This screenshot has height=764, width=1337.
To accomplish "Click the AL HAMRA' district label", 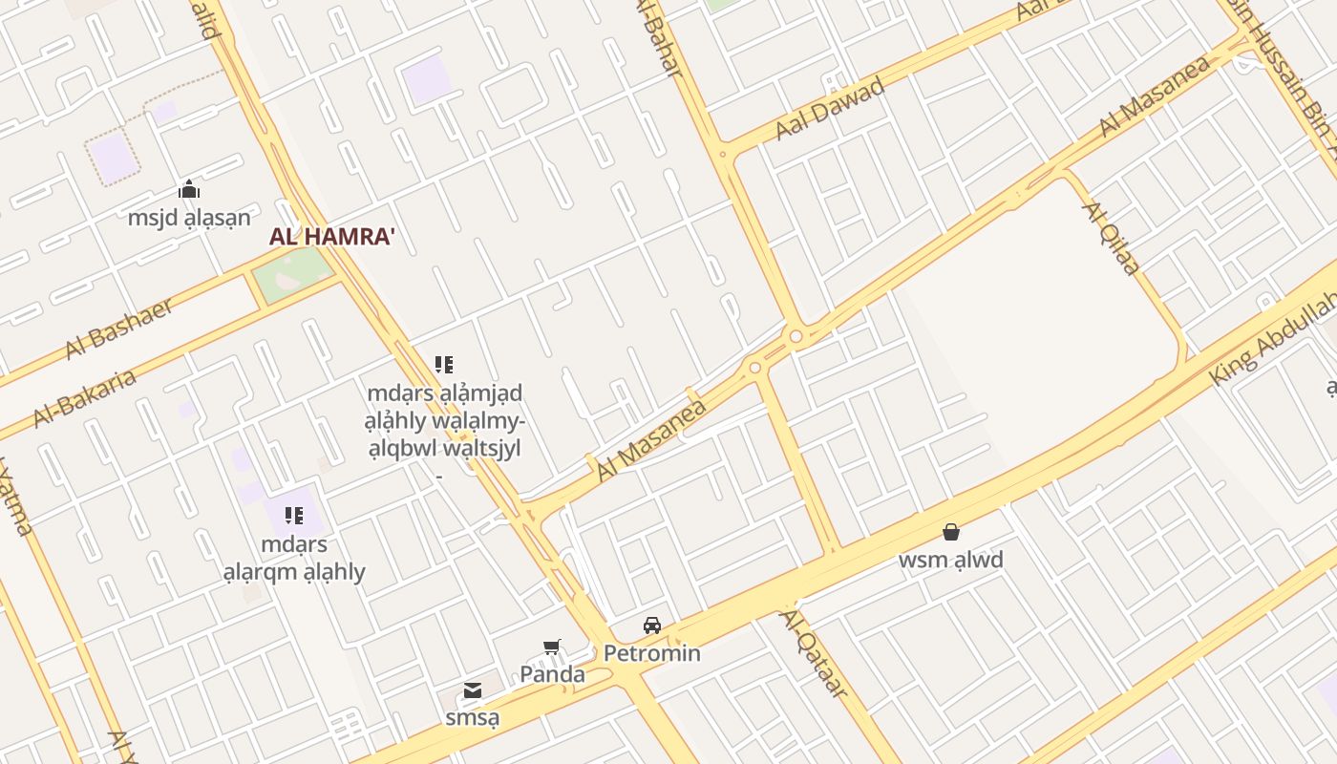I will pyautogui.click(x=331, y=237).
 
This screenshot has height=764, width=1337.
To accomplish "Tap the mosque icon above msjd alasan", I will pyautogui.click(x=189, y=188).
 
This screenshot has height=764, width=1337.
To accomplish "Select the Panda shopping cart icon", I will pyautogui.click(x=551, y=647).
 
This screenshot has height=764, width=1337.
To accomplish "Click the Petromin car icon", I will pyautogui.click(x=652, y=626).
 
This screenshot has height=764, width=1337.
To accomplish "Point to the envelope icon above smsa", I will pyautogui.click(x=472, y=690).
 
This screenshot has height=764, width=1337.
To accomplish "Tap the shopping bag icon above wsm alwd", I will pyautogui.click(x=951, y=532).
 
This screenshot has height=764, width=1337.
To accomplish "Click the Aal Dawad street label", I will pyautogui.click(x=830, y=108).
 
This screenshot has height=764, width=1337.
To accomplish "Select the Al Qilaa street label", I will pyautogui.click(x=1111, y=238).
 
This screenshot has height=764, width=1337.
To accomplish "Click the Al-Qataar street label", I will pyautogui.click(x=814, y=653).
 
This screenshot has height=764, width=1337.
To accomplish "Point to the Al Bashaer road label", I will pyautogui.click(x=119, y=329).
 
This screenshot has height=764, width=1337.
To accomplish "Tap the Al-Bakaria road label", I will pyautogui.click(x=84, y=398).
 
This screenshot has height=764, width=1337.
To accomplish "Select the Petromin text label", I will pyautogui.click(x=652, y=653).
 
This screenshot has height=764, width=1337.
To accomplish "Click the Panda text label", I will pyautogui.click(x=552, y=674).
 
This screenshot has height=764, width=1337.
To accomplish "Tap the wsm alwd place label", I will pyautogui.click(x=951, y=560).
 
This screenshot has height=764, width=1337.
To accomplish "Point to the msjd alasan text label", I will pyautogui.click(x=189, y=217).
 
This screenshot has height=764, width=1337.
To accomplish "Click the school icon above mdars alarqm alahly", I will pyautogui.click(x=294, y=517).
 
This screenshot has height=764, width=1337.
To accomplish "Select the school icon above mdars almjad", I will pyautogui.click(x=444, y=364).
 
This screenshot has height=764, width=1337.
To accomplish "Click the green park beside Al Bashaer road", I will pyautogui.click(x=291, y=274).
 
